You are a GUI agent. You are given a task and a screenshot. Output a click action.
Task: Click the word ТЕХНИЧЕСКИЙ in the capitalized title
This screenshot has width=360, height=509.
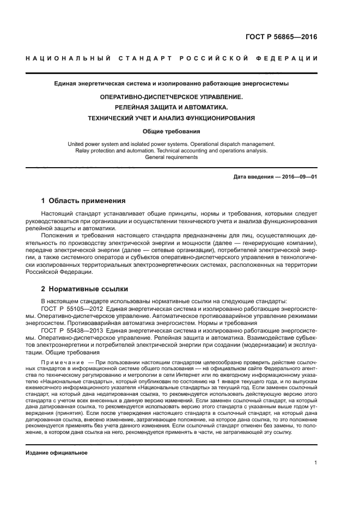[x=116, y=118]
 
